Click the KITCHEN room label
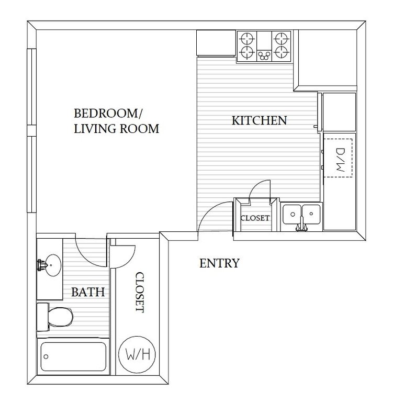(259, 120)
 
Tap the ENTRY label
(219, 263)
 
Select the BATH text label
(88, 292)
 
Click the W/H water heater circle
(137, 354)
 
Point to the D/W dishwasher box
(338, 158)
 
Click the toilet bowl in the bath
(61, 317)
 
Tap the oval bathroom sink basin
(53, 265)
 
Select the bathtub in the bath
(73, 356)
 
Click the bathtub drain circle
(46, 356)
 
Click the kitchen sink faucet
(302, 224)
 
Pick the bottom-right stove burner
(282, 52)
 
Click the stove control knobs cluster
(264, 55)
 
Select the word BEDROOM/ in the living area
(108, 113)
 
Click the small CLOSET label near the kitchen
(255, 218)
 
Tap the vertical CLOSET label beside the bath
(140, 292)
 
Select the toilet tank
(42, 317)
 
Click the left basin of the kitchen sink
(292, 214)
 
